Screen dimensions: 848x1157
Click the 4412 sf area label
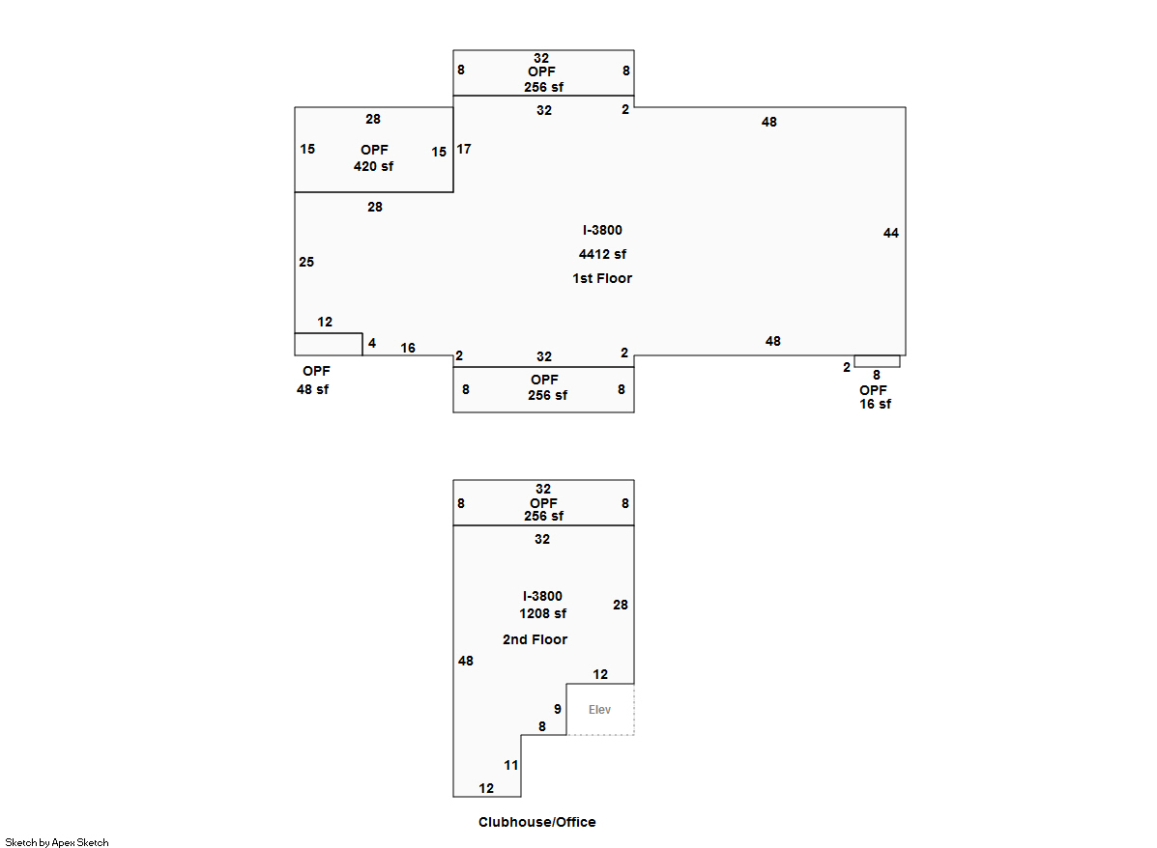coord(602,255)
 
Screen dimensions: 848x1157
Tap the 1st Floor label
coord(602,278)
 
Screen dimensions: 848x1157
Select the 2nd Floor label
coord(535,639)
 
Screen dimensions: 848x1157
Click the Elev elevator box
coord(600,710)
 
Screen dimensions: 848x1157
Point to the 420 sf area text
coord(373,166)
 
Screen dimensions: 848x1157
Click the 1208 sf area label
coord(542,614)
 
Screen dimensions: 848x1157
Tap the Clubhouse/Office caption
coord(536,823)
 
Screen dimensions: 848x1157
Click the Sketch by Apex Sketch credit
coord(57,842)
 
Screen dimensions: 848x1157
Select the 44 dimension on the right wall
coord(891,233)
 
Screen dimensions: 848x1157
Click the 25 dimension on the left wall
coord(306,262)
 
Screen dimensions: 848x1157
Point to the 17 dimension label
coord(464,149)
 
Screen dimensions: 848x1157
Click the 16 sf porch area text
coord(875,404)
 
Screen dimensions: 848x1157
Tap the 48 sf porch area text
coord(312,389)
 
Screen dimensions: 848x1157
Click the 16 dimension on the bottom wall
coord(408,348)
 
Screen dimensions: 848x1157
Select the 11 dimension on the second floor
coord(511,765)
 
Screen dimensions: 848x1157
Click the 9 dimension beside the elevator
coord(558,709)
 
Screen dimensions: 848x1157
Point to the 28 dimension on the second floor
coord(621,605)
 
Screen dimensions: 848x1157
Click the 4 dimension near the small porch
coord(372,343)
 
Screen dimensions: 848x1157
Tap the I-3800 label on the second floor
coord(542,596)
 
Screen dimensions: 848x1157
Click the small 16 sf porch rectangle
coord(877,361)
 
